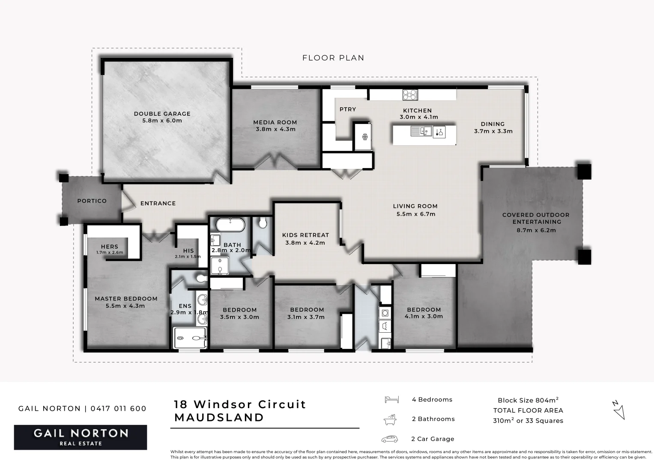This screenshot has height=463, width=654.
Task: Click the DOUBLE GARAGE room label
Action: pyautogui.click(x=162, y=114)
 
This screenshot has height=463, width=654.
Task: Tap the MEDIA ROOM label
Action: pyautogui.click(x=275, y=122)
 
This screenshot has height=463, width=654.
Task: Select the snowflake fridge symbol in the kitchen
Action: pyautogui.click(x=365, y=137)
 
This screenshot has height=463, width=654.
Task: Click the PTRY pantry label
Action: pyautogui.click(x=348, y=109)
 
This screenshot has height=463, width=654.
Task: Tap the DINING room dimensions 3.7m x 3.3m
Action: pyautogui.click(x=493, y=131)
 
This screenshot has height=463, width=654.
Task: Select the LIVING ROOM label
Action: pyautogui.click(x=415, y=206)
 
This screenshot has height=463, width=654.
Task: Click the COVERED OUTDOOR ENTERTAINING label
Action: pyautogui.click(x=536, y=218)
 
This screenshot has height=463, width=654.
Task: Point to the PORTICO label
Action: pyautogui.click(x=92, y=201)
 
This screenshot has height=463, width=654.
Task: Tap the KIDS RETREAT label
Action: pyautogui.click(x=305, y=235)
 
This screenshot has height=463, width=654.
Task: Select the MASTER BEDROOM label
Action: pyautogui.click(x=126, y=299)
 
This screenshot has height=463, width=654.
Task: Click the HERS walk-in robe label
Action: pyautogui.click(x=110, y=247)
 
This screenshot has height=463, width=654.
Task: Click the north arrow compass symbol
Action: pyautogui.click(x=618, y=410)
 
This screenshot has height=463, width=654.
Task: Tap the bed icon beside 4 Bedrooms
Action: pyautogui.click(x=391, y=400)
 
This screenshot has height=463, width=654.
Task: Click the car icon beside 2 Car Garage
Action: pyautogui.click(x=390, y=439)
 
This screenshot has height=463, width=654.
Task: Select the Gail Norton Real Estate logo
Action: pyautogui.click(x=81, y=437)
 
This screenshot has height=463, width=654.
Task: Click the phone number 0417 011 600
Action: pyautogui.click(x=119, y=409)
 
